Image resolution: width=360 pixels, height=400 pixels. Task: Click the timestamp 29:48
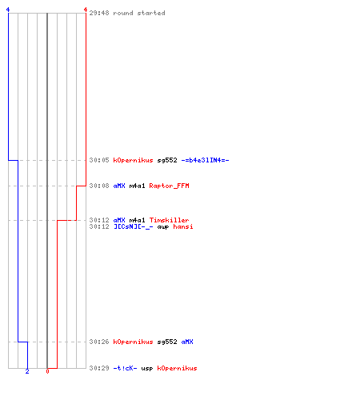[99, 13]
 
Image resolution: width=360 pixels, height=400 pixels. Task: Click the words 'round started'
[139, 13]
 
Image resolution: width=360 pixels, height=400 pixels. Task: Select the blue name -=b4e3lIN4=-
[205, 160]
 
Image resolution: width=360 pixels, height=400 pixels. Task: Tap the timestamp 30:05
[99, 160]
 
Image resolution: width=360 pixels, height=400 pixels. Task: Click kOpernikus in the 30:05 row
[133, 160]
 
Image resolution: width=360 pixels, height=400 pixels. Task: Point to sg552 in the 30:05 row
[167, 161]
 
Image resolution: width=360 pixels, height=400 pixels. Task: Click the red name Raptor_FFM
[169, 186]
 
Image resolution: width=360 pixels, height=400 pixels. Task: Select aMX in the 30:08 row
[119, 186]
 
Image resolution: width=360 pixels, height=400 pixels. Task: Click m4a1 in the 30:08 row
[137, 186]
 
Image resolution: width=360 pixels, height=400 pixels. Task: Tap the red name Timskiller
[169, 220]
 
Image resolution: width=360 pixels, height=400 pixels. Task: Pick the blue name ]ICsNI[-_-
[134, 226]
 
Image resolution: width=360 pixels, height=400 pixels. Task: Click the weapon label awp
[163, 227]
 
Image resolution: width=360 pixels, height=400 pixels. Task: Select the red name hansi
[183, 226]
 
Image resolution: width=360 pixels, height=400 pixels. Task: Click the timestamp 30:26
[99, 342]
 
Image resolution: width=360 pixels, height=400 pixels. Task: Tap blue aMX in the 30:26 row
[187, 342]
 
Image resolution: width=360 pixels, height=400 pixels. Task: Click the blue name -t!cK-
[125, 368]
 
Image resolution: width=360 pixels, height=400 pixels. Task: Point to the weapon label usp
[147, 369]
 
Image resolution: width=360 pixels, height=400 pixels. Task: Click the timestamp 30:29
[99, 368]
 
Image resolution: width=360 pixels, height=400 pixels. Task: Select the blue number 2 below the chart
[27, 371]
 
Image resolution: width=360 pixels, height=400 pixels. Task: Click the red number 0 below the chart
[47, 371]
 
